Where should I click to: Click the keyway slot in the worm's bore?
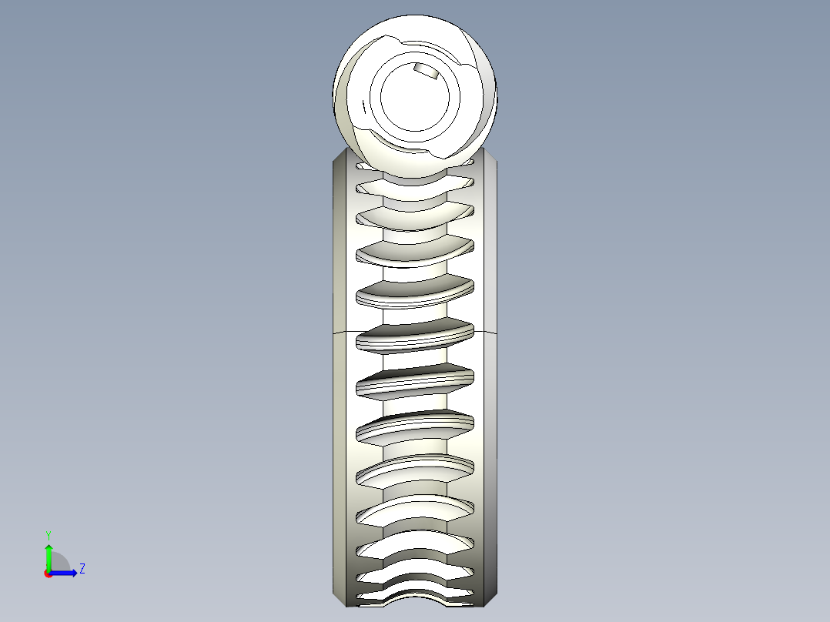click(x=424, y=72)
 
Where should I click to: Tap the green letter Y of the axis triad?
click(x=48, y=533)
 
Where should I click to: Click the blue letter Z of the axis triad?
click(x=82, y=569)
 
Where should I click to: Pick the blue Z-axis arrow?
click(x=65, y=572)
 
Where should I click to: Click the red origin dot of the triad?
click(x=48, y=573)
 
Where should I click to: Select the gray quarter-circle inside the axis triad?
click(x=59, y=563)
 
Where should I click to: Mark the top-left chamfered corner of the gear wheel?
click(x=339, y=157)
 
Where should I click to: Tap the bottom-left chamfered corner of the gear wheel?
click(x=339, y=597)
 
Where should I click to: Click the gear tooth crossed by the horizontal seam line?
click(x=414, y=336)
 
